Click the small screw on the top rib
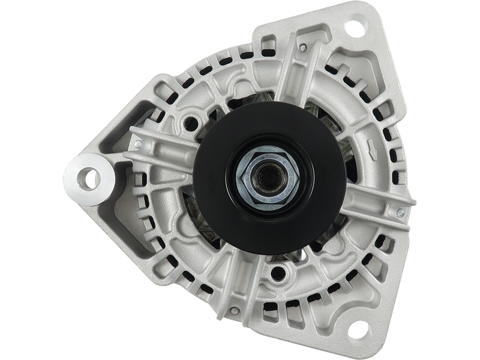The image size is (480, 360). (x=304, y=47)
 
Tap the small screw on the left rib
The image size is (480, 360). (x=138, y=145)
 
